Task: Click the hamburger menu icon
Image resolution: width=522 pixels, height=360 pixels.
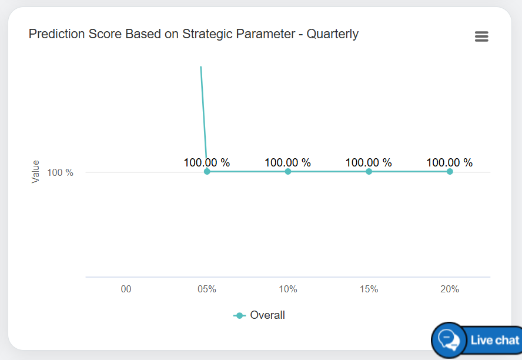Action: (x=481, y=36)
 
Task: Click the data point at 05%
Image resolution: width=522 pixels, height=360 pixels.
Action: (x=207, y=172)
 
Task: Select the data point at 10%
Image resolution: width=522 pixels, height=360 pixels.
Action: (x=288, y=172)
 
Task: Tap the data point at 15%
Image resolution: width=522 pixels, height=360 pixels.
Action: (x=369, y=172)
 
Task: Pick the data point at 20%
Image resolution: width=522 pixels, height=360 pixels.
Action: (x=450, y=172)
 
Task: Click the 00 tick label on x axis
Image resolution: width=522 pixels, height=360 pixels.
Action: (x=126, y=289)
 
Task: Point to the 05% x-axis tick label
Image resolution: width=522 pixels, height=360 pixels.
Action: (x=207, y=289)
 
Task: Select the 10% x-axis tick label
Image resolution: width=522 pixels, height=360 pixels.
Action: (x=288, y=289)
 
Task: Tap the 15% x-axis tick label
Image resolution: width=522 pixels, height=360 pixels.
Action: (x=369, y=289)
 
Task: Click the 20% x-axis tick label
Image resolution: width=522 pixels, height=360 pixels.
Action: (x=450, y=289)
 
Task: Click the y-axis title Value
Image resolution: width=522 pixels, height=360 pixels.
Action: (x=36, y=172)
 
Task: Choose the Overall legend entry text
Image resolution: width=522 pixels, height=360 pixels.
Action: (x=267, y=315)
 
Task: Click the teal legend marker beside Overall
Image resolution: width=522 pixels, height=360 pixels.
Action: (x=239, y=316)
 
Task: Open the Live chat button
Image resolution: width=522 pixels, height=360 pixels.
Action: (x=477, y=340)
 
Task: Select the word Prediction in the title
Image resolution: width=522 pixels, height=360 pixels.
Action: (x=56, y=34)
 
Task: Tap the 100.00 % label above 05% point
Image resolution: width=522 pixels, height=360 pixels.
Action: (x=207, y=163)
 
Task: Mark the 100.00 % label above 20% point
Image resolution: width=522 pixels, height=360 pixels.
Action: (x=450, y=163)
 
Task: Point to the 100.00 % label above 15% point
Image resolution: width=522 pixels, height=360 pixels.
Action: (x=369, y=163)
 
